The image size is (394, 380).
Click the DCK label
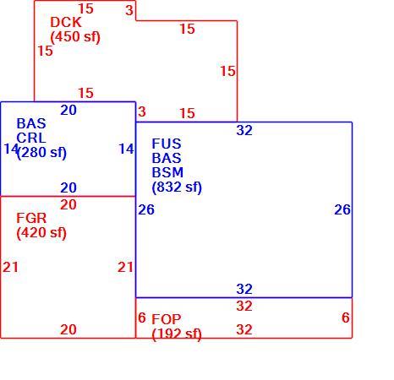point(66,22)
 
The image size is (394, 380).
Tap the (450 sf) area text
point(75,37)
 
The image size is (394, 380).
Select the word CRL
point(31,138)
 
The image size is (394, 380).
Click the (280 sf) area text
point(42,153)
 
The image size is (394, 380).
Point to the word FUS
point(167,144)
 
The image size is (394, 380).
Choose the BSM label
point(167,172)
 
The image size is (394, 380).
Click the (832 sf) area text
point(177,187)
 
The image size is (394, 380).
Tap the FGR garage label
point(31,218)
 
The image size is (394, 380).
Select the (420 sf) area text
point(41,233)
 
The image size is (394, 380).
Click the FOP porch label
point(167,319)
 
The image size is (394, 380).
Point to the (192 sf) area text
point(177,334)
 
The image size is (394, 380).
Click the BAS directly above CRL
point(31,123)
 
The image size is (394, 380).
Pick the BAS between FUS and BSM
point(167,158)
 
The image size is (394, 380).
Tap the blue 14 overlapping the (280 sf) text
point(11,149)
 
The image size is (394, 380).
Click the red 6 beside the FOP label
point(142,318)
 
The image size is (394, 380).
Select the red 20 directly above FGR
point(68,204)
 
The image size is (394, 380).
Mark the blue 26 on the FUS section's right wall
point(342,209)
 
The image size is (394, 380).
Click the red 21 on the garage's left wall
point(10,267)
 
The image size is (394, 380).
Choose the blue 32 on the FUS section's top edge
point(244,130)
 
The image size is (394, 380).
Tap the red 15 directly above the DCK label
point(85,8)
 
